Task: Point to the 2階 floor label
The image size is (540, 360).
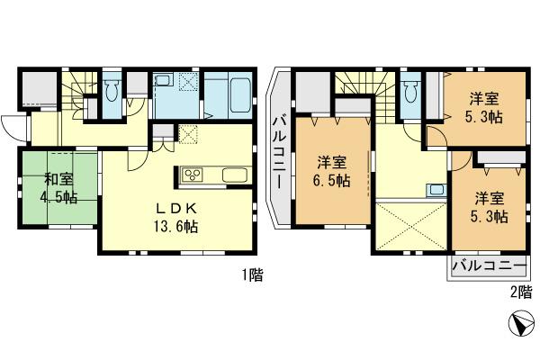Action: [520, 292]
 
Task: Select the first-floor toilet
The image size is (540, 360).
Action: [112, 91]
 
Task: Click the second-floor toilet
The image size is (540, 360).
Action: [410, 91]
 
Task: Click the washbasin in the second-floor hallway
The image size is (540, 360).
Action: [435, 189]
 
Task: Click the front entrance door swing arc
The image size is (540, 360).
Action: [13, 125]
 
